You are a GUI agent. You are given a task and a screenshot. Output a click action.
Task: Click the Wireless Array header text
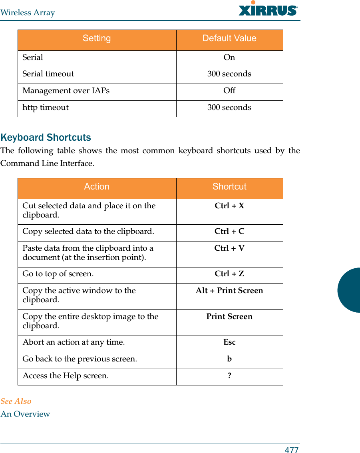tap(28, 13)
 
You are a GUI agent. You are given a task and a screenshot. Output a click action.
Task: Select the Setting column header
tap(97, 38)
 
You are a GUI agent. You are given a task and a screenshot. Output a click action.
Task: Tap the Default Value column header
tap(229, 38)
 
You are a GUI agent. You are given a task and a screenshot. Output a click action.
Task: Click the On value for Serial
tap(229, 58)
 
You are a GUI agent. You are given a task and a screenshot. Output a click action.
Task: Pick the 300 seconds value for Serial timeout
tap(229, 74)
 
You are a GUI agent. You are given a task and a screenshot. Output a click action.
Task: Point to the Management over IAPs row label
tap(66, 91)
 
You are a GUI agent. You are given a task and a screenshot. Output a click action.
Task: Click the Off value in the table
tap(229, 91)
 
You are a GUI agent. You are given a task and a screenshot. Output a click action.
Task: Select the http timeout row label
tap(46, 108)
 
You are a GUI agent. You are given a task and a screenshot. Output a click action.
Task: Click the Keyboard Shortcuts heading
tap(46, 138)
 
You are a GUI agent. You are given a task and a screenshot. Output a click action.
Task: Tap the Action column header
tap(97, 187)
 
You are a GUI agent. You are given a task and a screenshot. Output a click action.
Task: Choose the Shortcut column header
tap(229, 187)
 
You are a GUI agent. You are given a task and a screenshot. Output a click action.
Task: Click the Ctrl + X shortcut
tap(229, 206)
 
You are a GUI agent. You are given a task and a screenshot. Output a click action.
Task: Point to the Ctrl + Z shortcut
tap(229, 274)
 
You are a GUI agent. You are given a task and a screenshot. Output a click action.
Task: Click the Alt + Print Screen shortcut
tap(229, 291)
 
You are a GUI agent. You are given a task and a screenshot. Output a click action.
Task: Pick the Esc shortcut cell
tap(229, 342)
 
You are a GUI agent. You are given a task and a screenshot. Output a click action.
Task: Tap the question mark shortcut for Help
tap(229, 376)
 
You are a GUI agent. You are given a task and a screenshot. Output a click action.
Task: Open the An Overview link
tap(25, 414)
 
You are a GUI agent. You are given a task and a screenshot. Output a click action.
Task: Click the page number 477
tap(292, 450)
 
